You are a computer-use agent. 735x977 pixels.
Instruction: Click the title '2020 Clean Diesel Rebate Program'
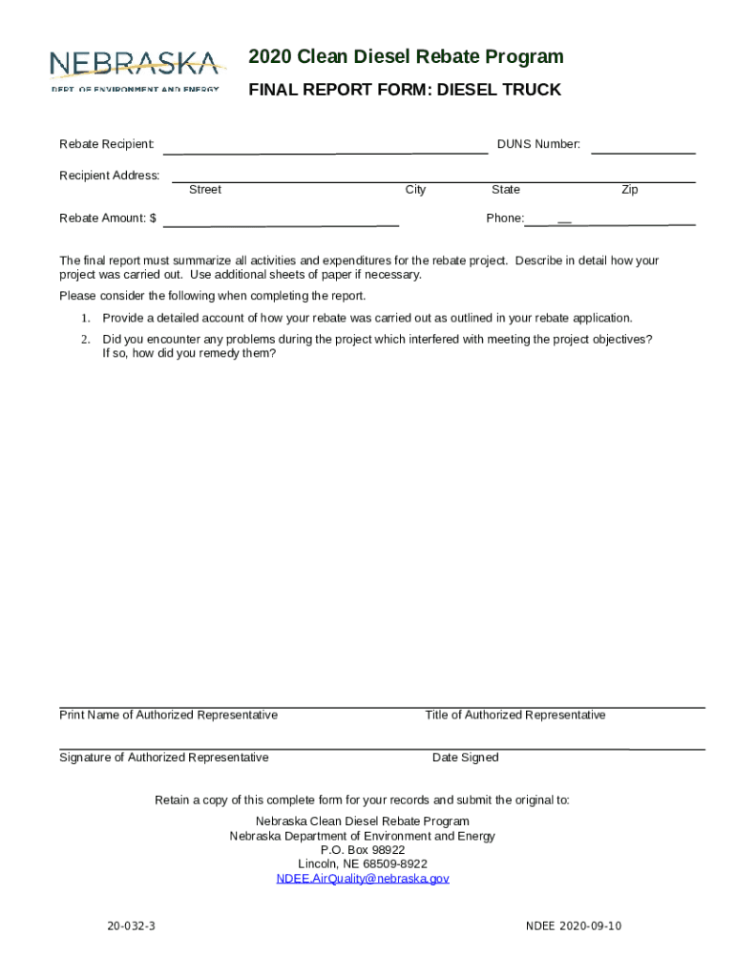point(406,57)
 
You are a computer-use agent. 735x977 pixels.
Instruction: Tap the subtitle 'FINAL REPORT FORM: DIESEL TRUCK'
point(405,90)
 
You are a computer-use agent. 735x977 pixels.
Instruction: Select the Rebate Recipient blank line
point(325,151)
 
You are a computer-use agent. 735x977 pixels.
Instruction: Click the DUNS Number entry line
point(643,151)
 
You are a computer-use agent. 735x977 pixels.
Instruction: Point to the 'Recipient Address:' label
point(110,176)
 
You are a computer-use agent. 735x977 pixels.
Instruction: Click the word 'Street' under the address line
point(204,190)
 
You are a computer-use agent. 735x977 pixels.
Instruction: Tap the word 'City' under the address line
point(415,190)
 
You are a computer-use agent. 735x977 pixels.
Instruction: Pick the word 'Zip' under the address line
point(629,190)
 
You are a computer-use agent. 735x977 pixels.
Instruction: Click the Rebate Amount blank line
point(282,223)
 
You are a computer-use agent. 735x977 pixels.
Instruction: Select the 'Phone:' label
point(505,218)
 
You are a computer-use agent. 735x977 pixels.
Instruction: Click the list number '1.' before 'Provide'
point(85,318)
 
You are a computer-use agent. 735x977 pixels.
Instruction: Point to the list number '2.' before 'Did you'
point(85,340)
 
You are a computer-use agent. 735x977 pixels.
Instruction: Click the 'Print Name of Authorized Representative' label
point(169,716)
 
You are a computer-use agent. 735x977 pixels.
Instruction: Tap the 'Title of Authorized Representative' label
point(515,716)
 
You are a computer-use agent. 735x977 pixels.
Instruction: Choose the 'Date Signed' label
point(465,758)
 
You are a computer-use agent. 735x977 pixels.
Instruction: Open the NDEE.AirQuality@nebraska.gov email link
point(363,879)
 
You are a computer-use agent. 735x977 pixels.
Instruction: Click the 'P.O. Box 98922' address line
point(363,850)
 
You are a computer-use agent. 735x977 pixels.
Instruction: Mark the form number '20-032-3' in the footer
point(132,926)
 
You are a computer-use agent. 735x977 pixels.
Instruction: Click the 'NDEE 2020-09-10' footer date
point(574,926)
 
